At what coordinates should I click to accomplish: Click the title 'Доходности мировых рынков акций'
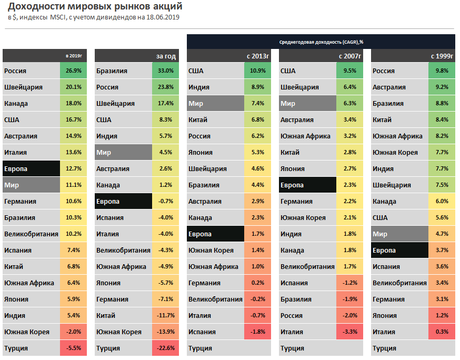pos(95,7)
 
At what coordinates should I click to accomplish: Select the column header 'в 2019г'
pos(74,56)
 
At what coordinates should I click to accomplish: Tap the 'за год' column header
pos(166,56)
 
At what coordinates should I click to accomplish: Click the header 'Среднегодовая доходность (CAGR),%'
pos(322,42)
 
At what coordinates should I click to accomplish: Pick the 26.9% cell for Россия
pos(74,71)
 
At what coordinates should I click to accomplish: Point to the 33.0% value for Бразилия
pos(165,71)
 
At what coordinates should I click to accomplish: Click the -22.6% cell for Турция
pos(165,348)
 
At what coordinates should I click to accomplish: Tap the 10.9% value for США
pos(257,71)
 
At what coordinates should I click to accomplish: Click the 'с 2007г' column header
pos(349,56)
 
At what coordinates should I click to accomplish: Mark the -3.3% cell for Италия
pos(349,332)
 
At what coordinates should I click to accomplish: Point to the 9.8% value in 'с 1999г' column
pos(442,71)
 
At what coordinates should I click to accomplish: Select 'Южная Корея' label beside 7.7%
pos(395,153)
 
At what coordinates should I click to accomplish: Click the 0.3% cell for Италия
pos(442,332)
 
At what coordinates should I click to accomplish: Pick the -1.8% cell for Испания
pos(257,332)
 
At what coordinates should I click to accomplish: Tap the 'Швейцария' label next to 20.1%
pos(23,87)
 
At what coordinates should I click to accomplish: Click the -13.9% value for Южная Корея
pos(165,332)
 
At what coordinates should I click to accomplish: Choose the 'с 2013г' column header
pos(258,56)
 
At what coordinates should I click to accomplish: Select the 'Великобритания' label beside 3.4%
pos(399,283)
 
